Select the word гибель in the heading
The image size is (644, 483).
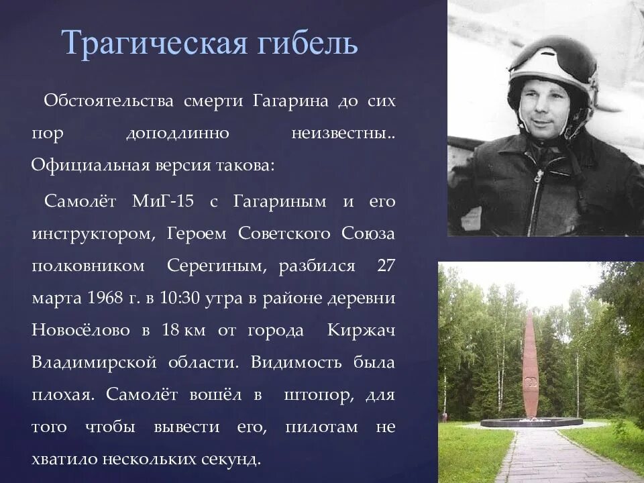point(309,45)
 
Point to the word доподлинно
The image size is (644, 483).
point(178,133)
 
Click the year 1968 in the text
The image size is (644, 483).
point(104,298)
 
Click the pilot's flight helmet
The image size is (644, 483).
point(551,67)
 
